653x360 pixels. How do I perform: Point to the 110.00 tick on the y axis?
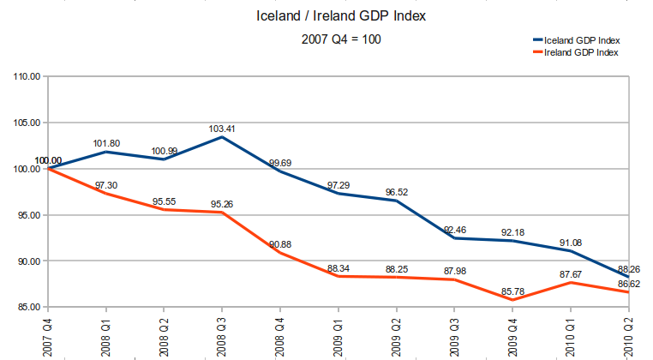click(27, 76)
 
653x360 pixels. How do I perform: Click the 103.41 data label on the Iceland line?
click(222, 129)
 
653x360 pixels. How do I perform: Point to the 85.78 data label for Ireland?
click(513, 291)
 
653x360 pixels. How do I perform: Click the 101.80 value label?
click(105, 143)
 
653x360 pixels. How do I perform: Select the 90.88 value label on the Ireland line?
click(280, 243)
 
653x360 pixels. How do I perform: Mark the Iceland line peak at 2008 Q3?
click(222, 137)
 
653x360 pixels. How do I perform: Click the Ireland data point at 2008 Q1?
click(105, 193)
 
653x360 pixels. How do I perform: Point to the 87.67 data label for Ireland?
click(572, 273)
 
